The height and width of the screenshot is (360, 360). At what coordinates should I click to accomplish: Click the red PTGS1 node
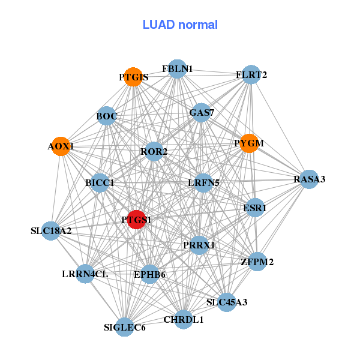(137, 220)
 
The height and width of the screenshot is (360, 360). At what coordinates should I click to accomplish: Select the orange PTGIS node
(133, 77)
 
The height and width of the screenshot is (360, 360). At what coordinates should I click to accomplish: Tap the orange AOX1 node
(61, 146)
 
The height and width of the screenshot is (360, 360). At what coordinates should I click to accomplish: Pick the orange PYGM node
(249, 143)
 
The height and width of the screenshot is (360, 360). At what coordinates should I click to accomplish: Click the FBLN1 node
(177, 69)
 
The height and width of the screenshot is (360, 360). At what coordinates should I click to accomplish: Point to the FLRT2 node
(251, 75)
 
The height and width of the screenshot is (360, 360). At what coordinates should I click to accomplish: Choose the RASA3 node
(309, 179)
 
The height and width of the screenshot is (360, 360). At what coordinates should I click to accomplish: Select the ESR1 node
(255, 208)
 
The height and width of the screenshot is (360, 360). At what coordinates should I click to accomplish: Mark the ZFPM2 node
(257, 262)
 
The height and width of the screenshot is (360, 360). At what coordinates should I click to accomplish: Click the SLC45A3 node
(227, 301)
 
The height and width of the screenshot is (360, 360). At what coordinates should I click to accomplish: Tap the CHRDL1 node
(184, 319)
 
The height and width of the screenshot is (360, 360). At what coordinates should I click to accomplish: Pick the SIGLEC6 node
(125, 327)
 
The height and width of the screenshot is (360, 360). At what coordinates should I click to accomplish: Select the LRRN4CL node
(85, 274)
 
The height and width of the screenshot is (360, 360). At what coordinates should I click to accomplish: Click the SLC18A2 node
(51, 230)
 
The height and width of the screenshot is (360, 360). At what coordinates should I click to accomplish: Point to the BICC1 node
(100, 182)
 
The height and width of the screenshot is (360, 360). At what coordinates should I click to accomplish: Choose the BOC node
(106, 115)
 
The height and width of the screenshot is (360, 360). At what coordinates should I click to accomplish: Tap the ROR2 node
(154, 151)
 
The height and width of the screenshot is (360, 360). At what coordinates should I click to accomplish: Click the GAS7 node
(201, 112)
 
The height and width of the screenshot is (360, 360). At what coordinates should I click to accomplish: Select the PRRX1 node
(199, 245)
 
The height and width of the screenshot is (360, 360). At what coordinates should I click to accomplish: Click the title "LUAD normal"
(180, 25)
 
